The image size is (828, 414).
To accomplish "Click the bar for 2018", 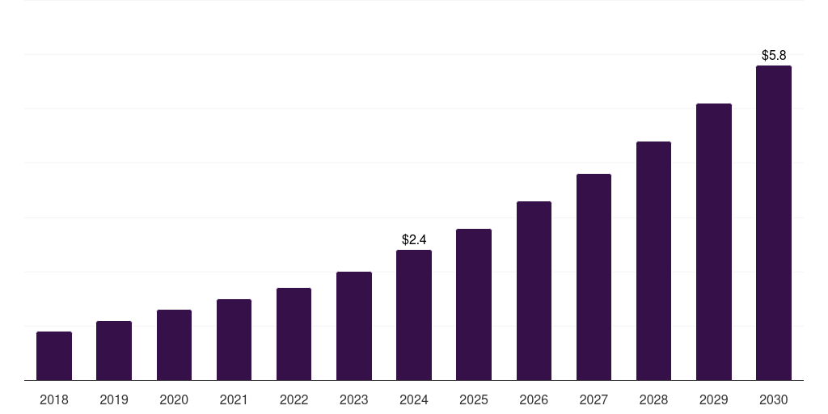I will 54,356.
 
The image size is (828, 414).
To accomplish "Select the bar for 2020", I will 174,345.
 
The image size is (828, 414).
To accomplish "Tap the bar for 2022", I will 294,334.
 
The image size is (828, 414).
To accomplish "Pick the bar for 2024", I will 414,315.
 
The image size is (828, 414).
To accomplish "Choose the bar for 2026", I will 534,291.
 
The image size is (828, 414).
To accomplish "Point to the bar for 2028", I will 653,261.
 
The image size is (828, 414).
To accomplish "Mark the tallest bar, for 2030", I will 774,223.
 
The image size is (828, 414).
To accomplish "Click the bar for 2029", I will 714,242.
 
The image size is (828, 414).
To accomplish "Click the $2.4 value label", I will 414,239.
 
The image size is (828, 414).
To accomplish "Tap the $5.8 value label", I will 774,55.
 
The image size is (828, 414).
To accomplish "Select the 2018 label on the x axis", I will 54,399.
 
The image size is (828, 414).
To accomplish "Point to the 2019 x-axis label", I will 114,399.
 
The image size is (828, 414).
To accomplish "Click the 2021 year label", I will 234,399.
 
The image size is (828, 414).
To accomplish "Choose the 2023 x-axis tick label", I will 354,399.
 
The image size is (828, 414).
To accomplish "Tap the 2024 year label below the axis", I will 414,399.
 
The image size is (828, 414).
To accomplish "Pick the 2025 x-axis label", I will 474,399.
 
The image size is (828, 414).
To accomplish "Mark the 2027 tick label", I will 594,399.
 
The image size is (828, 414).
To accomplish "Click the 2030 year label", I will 774,399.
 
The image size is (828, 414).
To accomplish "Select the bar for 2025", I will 474,305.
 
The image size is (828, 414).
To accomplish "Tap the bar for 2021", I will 234,340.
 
